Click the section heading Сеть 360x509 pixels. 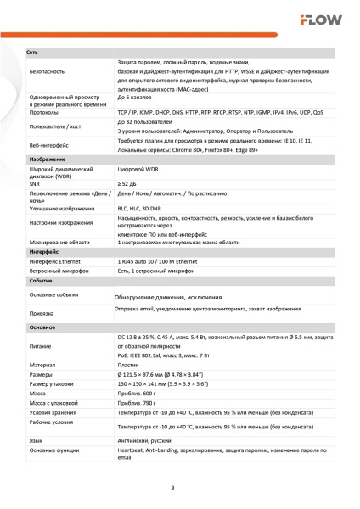[x=33, y=53]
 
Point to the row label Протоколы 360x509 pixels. [x=44, y=111]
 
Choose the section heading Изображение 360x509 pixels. [x=43, y=159]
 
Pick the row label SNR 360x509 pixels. [x=34, y=182]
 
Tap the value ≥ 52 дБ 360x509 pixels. [x=128, y=182]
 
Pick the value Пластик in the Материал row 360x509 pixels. [x=129, y=365]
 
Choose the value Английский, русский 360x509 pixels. [x=145, y=441]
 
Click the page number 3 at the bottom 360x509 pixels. [x=172, y=488]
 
